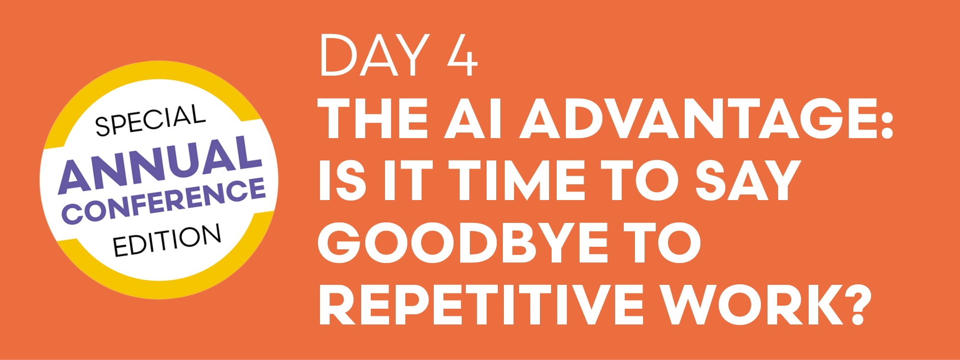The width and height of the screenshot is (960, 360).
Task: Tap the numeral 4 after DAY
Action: pos(462,56)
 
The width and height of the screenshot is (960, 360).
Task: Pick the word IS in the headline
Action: pos(342,181)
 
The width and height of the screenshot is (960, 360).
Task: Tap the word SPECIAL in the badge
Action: pos(150,121)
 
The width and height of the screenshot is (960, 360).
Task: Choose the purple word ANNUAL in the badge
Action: pos(159,165)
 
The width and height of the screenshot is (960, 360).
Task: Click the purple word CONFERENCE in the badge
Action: pos(164,201)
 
